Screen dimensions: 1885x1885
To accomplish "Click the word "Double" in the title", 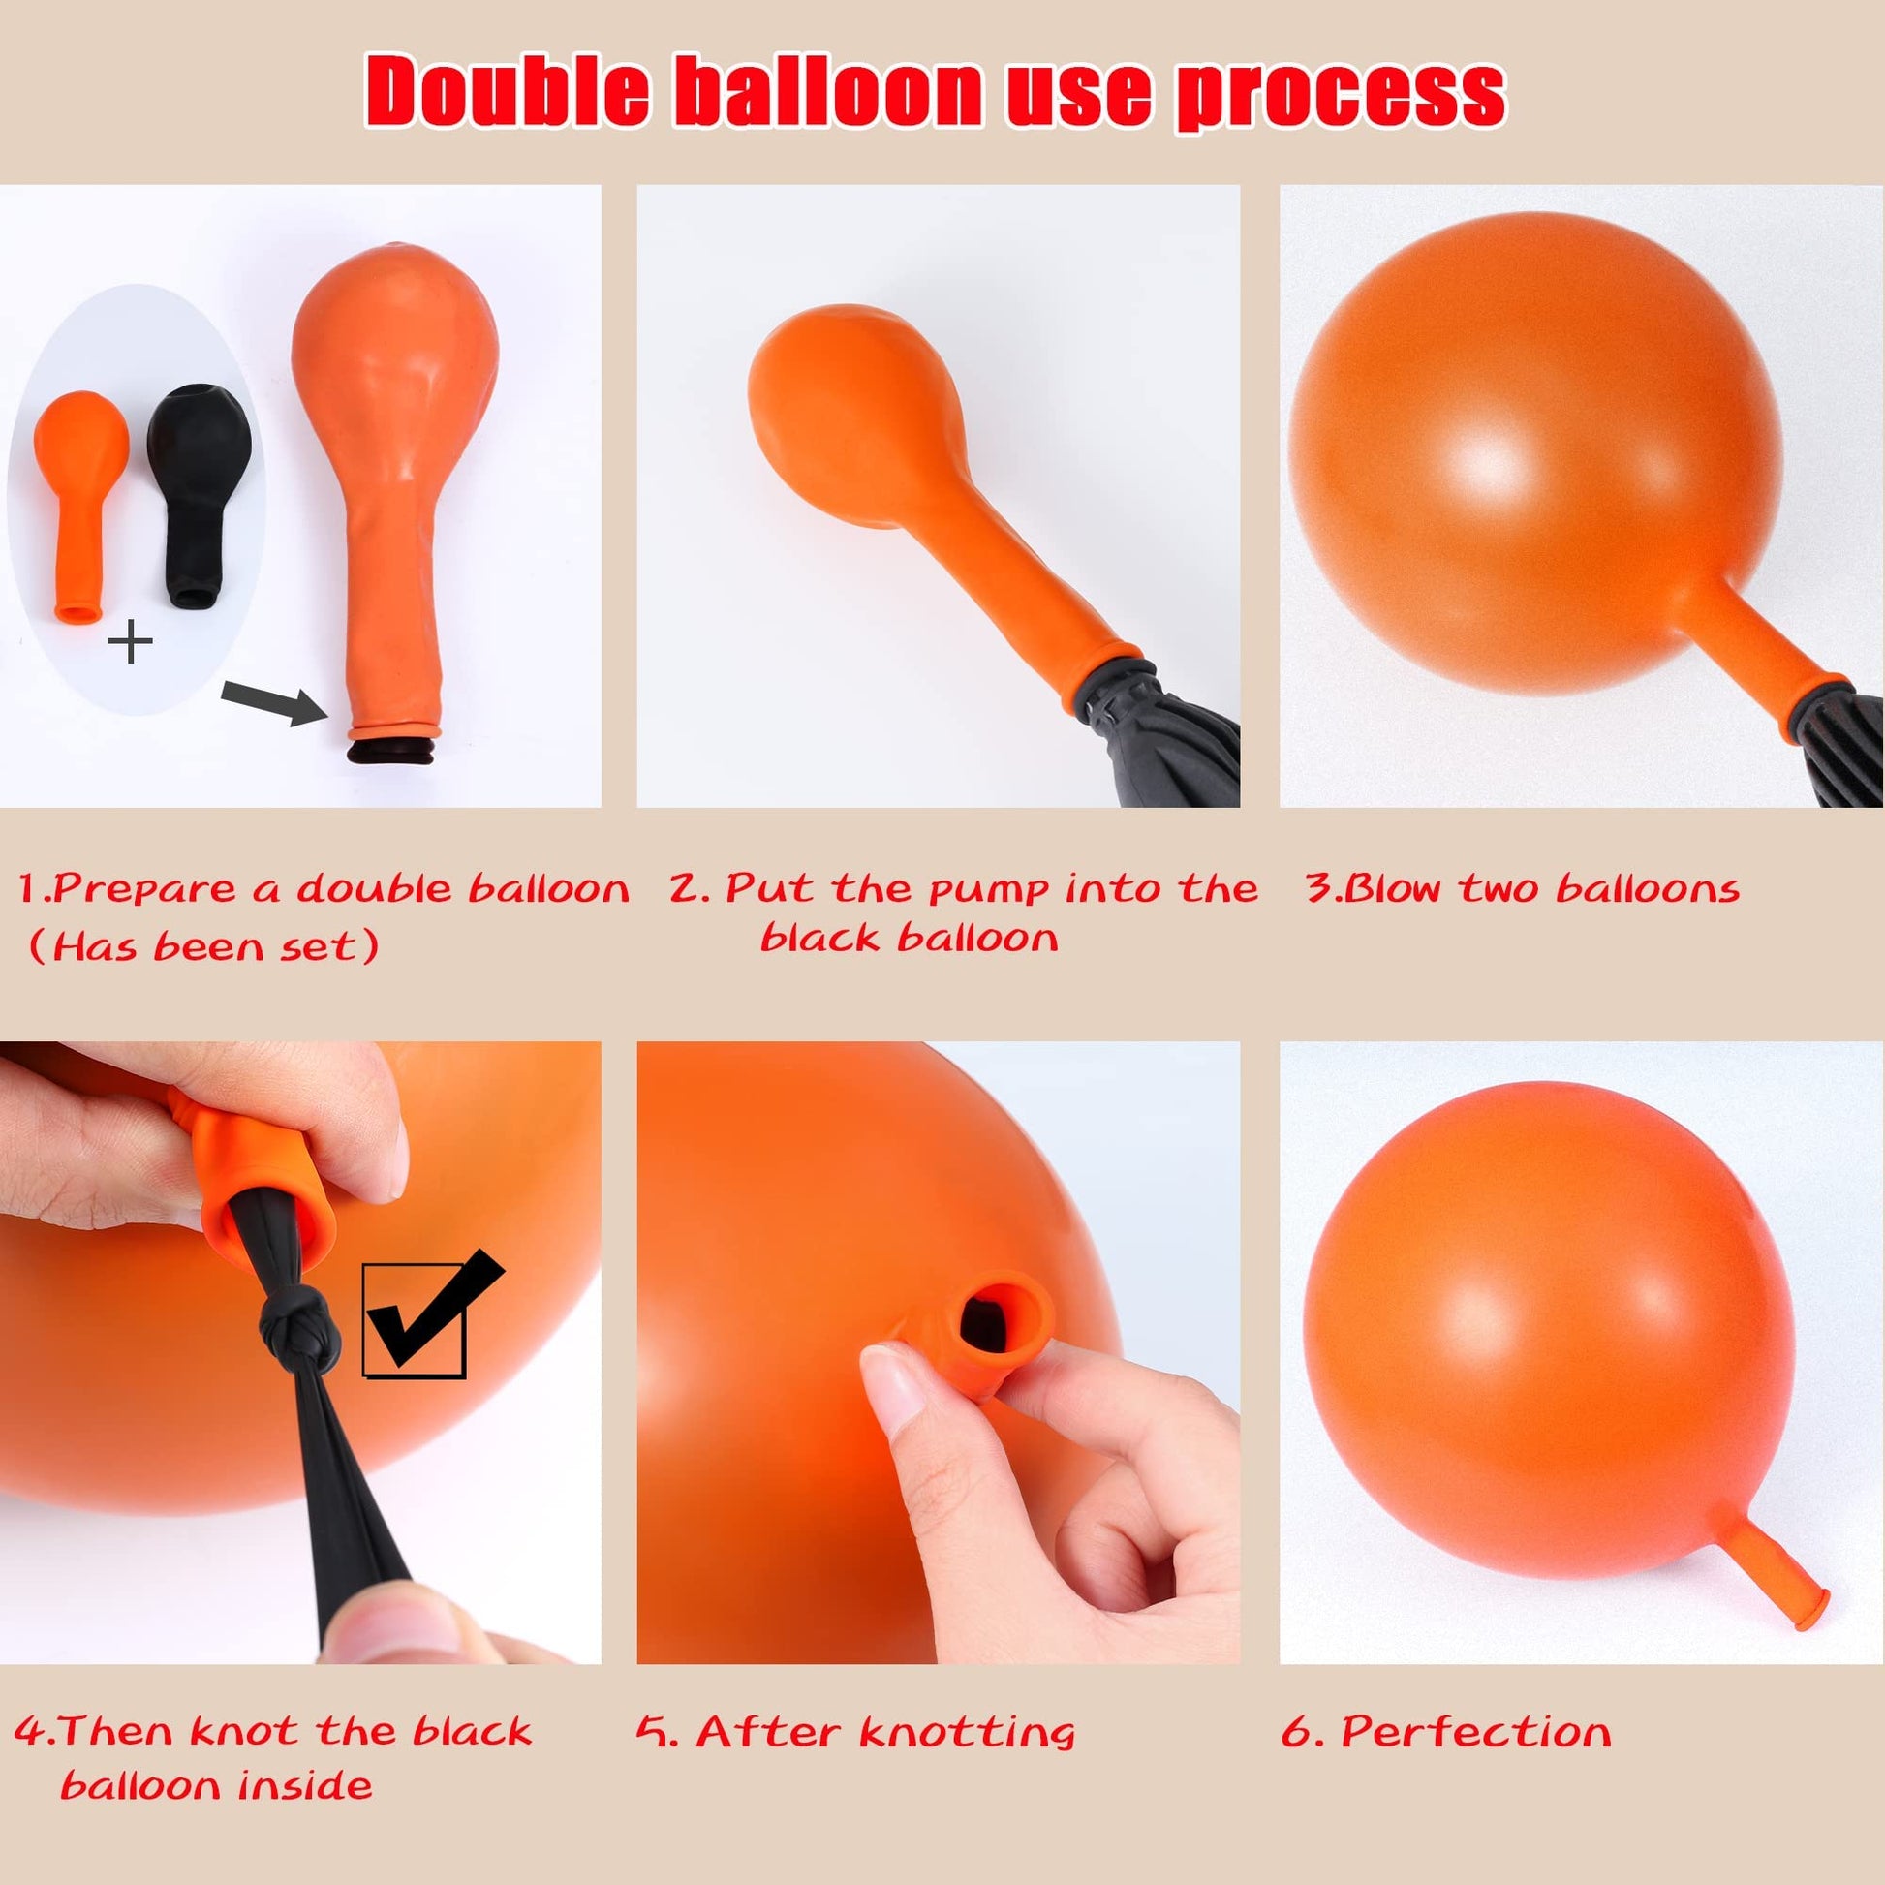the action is tap(508, 91).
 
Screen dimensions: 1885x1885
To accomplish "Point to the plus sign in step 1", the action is tap(131, 643).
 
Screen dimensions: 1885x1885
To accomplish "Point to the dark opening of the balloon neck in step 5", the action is tap(994, 1319).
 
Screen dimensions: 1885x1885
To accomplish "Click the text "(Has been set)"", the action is tap(203, 947).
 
